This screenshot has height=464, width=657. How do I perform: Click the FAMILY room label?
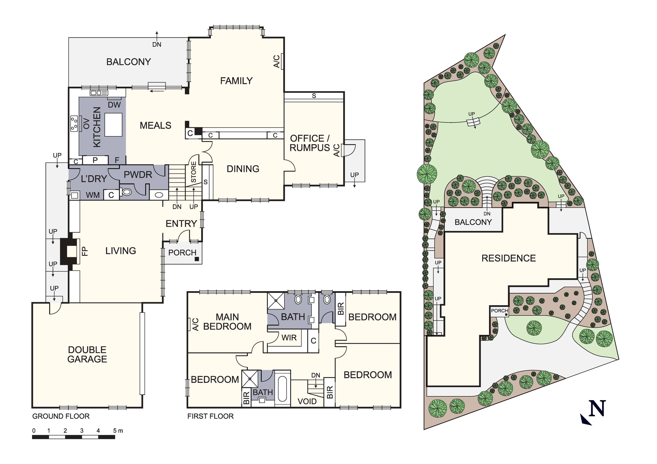point(236,81)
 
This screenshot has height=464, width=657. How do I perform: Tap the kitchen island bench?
point(113,125)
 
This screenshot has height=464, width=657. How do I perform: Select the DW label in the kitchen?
point(114,105)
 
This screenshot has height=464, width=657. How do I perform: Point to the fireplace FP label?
point(85,251)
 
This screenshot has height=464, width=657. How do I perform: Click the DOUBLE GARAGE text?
point(87,354)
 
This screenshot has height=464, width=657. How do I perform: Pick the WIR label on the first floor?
point(289,338)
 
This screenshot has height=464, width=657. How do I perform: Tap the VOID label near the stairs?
point(307,401)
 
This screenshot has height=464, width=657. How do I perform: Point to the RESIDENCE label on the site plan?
point(508,258)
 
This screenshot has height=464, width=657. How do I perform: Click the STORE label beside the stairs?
point(194,172)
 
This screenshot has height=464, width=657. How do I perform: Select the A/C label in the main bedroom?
point(195,324)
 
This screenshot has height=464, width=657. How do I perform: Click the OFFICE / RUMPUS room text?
point(310,143)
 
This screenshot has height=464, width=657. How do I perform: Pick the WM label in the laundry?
point(93,195)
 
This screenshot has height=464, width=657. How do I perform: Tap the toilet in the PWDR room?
point(126,192)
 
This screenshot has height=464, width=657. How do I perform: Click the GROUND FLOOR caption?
point(61,416)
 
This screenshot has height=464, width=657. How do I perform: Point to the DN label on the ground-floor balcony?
point(157,45)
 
